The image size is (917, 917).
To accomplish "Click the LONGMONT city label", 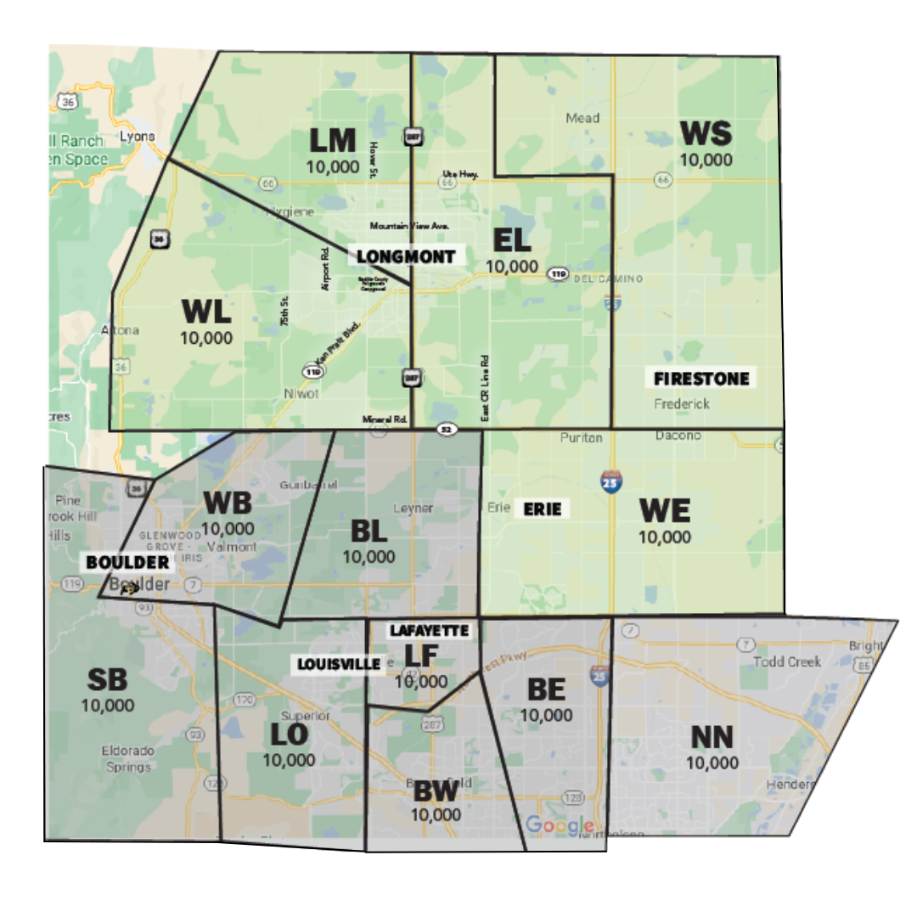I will [406, 256].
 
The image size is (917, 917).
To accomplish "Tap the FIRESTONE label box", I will [701, 379].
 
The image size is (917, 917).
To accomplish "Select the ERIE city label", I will [542, 509].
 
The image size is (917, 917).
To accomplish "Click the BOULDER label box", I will [127, 562].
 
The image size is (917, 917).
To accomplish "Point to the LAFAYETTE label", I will [429, 631].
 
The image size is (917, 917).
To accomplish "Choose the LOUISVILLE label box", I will [337, 664].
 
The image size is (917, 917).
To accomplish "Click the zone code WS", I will [706, 134].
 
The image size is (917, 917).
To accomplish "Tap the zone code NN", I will [712, 737].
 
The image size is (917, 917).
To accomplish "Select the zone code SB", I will [108, 679].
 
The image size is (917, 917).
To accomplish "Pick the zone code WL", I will [206, 312].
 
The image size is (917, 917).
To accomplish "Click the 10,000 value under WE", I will [664, 537].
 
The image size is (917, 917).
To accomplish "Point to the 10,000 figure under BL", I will [368, 557].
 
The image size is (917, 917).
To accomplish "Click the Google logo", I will [560, 824].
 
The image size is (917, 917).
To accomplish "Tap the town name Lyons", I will [137, 136].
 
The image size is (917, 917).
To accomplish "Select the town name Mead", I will [582, 118].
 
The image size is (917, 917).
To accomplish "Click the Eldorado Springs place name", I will [127, 759].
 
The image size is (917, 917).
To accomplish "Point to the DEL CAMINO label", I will [609, 278].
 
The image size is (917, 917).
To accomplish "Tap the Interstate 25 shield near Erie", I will [610, 481].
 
